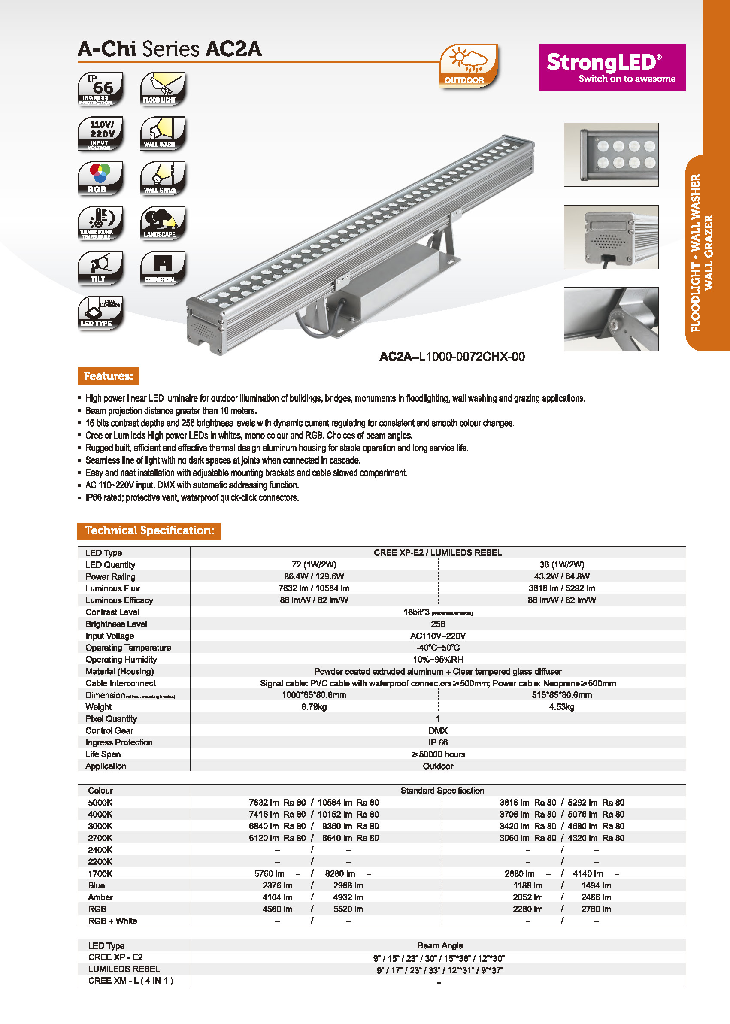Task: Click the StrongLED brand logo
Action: [612, 67]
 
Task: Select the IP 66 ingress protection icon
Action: [100, 88]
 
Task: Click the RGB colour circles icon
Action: [100, 178]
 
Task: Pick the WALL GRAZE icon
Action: [163, 178]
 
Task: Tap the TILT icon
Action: [100, 268]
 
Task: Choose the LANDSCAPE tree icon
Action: [163, 223]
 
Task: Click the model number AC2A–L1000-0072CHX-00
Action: [452, 357]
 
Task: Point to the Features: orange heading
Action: [108, 376]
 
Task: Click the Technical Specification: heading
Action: [149, 530]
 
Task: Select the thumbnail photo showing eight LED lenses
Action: [611, 155]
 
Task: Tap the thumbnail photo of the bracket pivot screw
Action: [611, 319]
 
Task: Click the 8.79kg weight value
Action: [314, 707]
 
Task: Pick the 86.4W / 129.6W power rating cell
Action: [314, 576]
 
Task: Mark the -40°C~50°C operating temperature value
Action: [437, 647]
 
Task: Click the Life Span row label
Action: [103, 754]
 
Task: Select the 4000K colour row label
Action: [100, 814]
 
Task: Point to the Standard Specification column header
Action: [442, 790]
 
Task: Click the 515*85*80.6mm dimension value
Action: [561, 695]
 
